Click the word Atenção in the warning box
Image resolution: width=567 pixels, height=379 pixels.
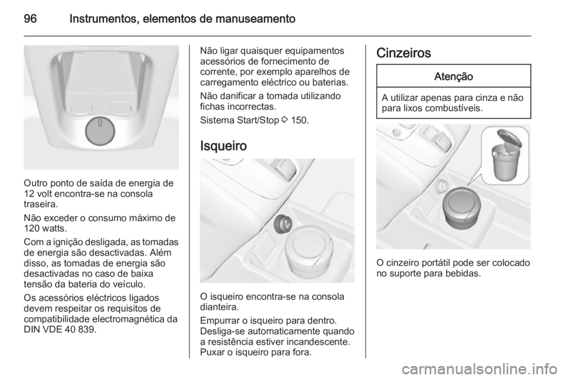pyautogui.click(x=453, y=76)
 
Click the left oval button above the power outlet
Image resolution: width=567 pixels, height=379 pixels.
pyautogui.click(x=81, y=109)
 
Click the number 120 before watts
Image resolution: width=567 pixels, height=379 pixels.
pyautogui.click(x=31, y=227)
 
